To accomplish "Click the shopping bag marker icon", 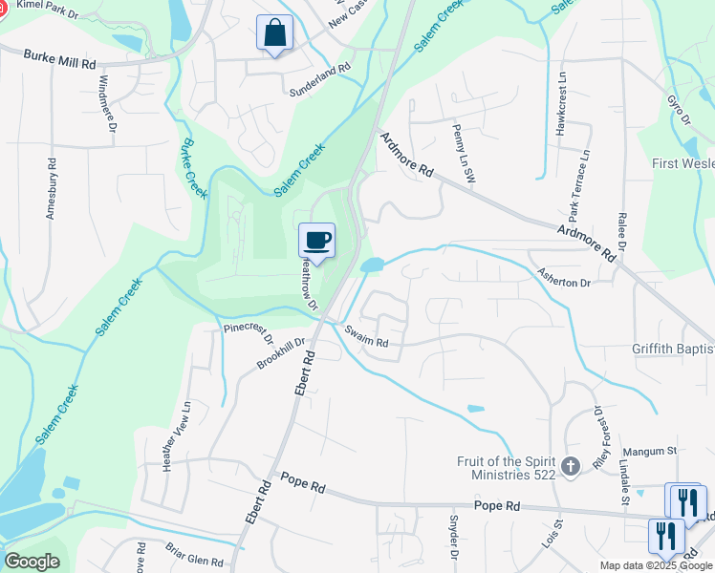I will point(274,32).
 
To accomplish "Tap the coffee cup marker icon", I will point(316,240).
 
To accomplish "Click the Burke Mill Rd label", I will point(61,60).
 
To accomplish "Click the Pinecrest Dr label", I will point(249,329).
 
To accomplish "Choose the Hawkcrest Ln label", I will point(562,102).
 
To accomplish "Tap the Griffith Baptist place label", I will point(672,349).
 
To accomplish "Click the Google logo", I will point(32,562).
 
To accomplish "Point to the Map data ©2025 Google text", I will point(655,566).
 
